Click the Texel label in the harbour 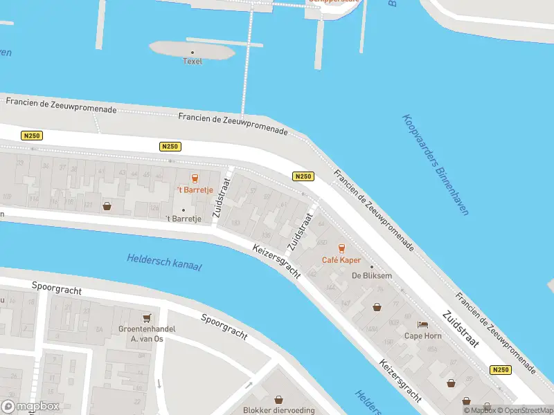(192, 61)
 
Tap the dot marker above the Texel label (193, 52)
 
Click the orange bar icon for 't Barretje (194, 177)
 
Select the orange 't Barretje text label (193, 190)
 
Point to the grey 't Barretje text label (184, 219)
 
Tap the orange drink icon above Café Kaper (340, 248)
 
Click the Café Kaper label (340, 260)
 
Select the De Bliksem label (372, 276)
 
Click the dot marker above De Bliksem (372, 267)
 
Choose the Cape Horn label (422, 336)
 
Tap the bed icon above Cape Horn (422, 324)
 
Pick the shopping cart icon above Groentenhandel (146, 318)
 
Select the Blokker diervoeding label (278, 409)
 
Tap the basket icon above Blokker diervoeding (278, 399)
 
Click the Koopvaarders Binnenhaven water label (435, 164)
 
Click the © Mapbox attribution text (480, 410)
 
